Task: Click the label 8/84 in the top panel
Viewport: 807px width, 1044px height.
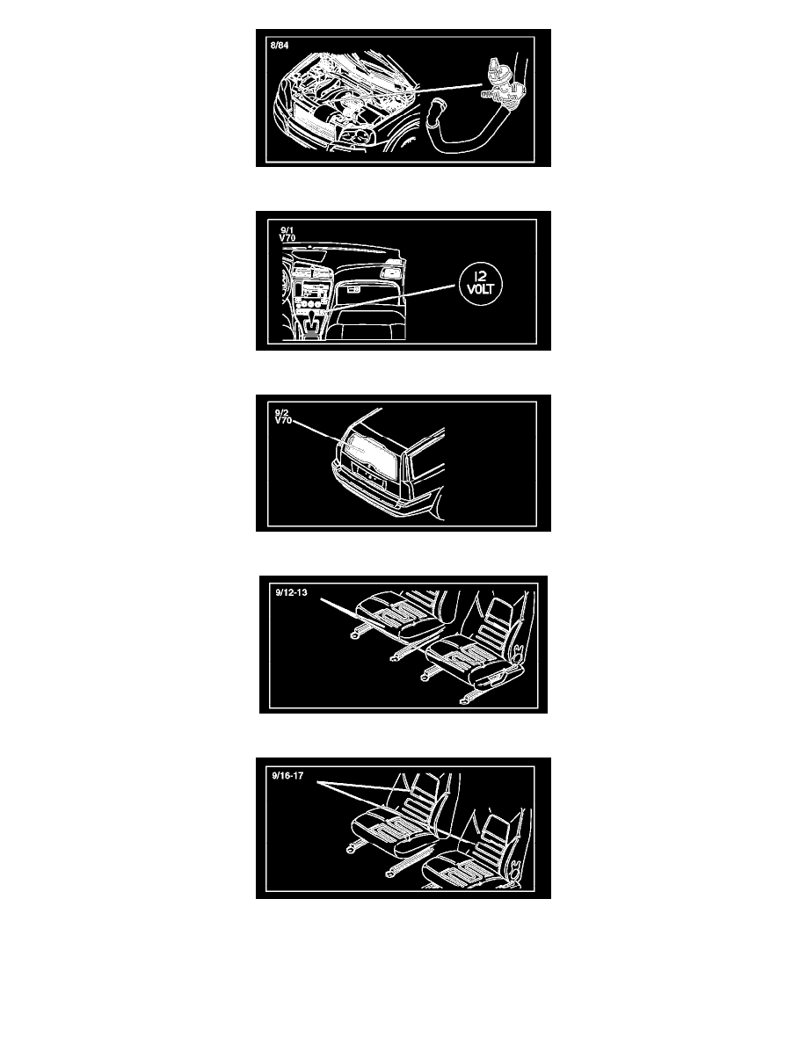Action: point(280,46)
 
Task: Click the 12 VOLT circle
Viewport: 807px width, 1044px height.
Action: point(480,284)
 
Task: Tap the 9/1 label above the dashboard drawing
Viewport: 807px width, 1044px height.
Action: point(287,230)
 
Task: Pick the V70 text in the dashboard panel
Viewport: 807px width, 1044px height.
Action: point(287,237)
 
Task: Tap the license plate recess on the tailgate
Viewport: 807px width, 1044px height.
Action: point(369,476)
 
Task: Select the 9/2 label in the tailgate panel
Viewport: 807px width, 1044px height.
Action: point(281,413)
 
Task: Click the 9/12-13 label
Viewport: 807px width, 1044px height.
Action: point(291,592)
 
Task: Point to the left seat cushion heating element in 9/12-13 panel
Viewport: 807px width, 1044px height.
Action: point(394,613)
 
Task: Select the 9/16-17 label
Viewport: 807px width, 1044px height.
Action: point(287,776)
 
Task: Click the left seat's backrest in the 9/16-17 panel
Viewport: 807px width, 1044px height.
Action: point(419,798)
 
